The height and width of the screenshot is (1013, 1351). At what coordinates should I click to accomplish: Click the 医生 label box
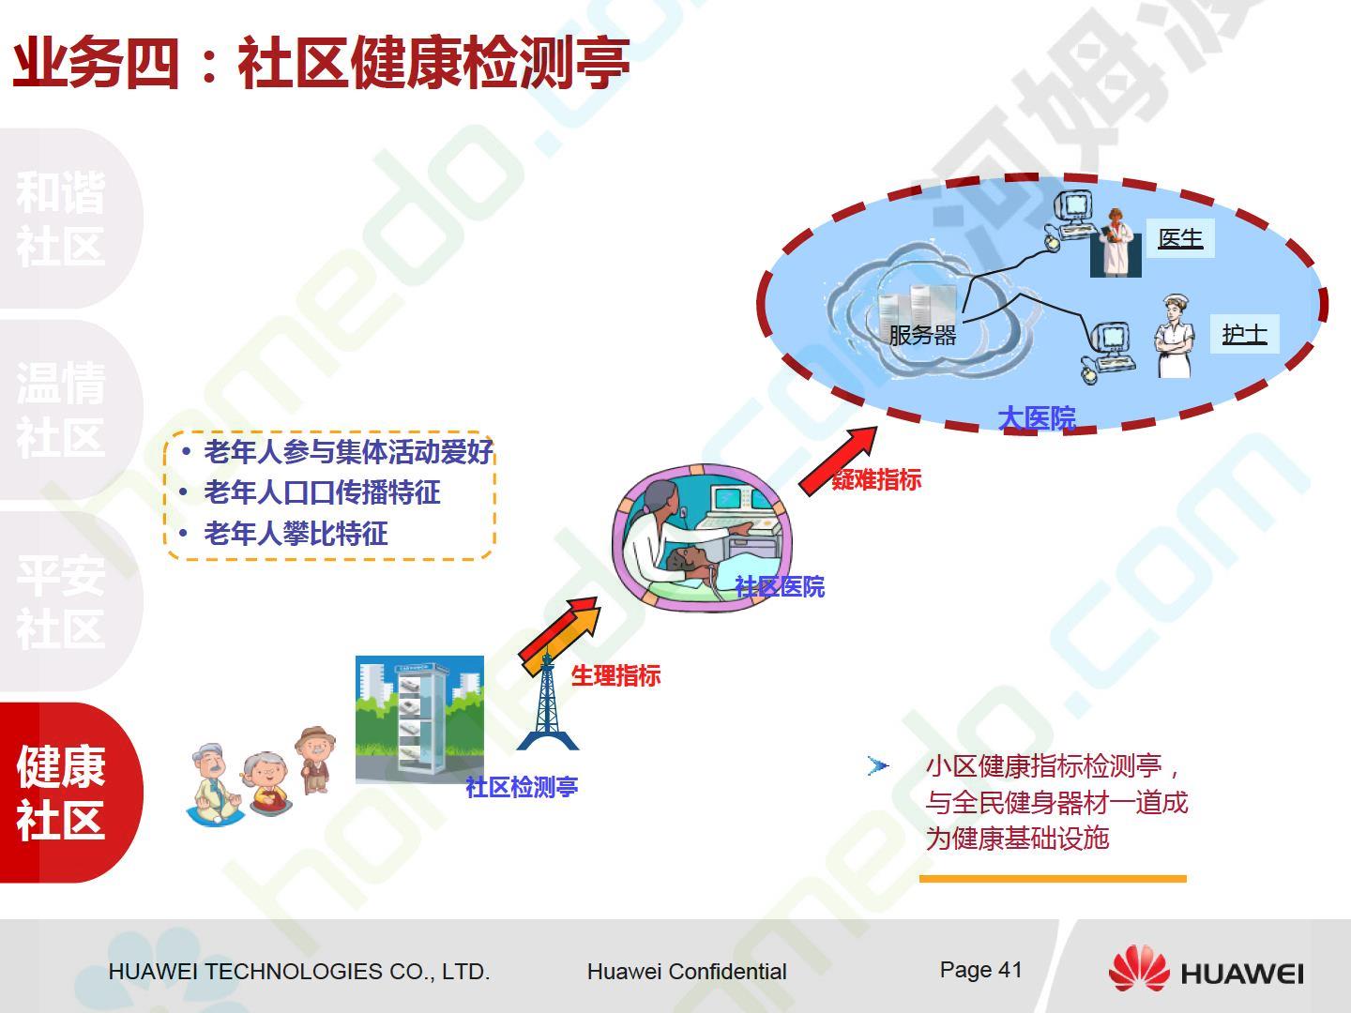(x=1180, y=238)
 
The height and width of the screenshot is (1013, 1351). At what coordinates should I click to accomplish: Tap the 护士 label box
(x=1245, y=334)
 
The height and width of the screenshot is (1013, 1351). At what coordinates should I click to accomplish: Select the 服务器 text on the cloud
(x=922, y=335)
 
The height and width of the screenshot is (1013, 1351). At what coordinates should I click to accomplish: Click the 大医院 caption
(x=1037, y=419)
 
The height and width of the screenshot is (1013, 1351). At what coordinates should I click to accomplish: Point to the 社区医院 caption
(x=780, y=587)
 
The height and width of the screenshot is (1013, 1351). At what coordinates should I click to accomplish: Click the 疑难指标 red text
(x=876, y=479)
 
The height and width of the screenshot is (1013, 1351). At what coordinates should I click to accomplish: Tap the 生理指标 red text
(x=615, y=676)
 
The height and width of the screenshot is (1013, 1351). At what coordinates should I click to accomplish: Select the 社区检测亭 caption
(x=522, y=787)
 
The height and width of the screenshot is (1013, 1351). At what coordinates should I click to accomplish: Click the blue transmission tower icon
(x=547, y=702)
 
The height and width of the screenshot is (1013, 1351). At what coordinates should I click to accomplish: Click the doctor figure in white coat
(x=1116, y=242)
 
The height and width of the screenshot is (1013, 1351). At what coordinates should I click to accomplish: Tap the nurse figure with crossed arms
(x=1175, y=336)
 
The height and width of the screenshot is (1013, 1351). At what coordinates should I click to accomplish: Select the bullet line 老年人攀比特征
(x=296, y=534)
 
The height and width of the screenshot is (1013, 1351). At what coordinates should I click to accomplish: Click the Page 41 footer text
(x=980, y=970)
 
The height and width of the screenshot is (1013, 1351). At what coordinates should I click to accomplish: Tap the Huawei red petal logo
(x=1139, y=968)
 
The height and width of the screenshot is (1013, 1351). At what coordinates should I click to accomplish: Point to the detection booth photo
(x=419, y=719)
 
